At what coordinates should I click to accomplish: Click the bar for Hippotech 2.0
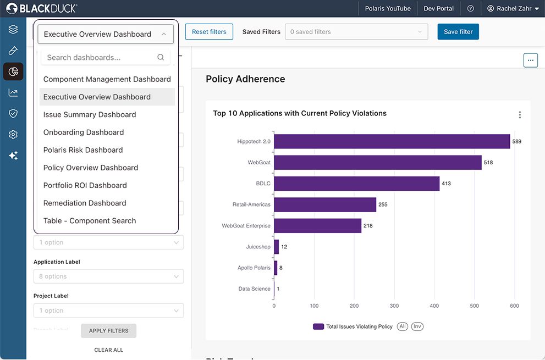click(x=392, y=141)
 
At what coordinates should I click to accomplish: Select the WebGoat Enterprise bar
click(x=317, y=226)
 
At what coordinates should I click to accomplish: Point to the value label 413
click(x=446, y=184)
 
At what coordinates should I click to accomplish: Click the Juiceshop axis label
click(x=258, y=247)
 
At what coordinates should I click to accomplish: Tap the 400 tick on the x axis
click(x=434, y=306)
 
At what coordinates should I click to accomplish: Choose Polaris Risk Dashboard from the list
click(x=83, y=150)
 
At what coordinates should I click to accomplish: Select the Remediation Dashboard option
click(x=85, y=203)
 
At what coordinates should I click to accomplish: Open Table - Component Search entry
click(x=90, y=220)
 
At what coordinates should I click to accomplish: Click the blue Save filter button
click(x=458, y=32)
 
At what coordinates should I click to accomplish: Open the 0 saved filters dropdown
click(x=356, y=32)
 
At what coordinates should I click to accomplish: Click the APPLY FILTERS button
click(x=108, y=331)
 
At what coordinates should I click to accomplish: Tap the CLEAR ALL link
click(x=108, y=350)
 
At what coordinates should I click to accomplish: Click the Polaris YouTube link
click(x=388, y=8)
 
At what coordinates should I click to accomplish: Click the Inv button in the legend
click(x=417, y=326)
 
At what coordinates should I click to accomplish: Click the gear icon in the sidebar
click(x=13, y=135)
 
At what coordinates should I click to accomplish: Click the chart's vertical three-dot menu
click(x=520, y=115)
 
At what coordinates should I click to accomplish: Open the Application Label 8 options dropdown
click(x=108, y=276)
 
